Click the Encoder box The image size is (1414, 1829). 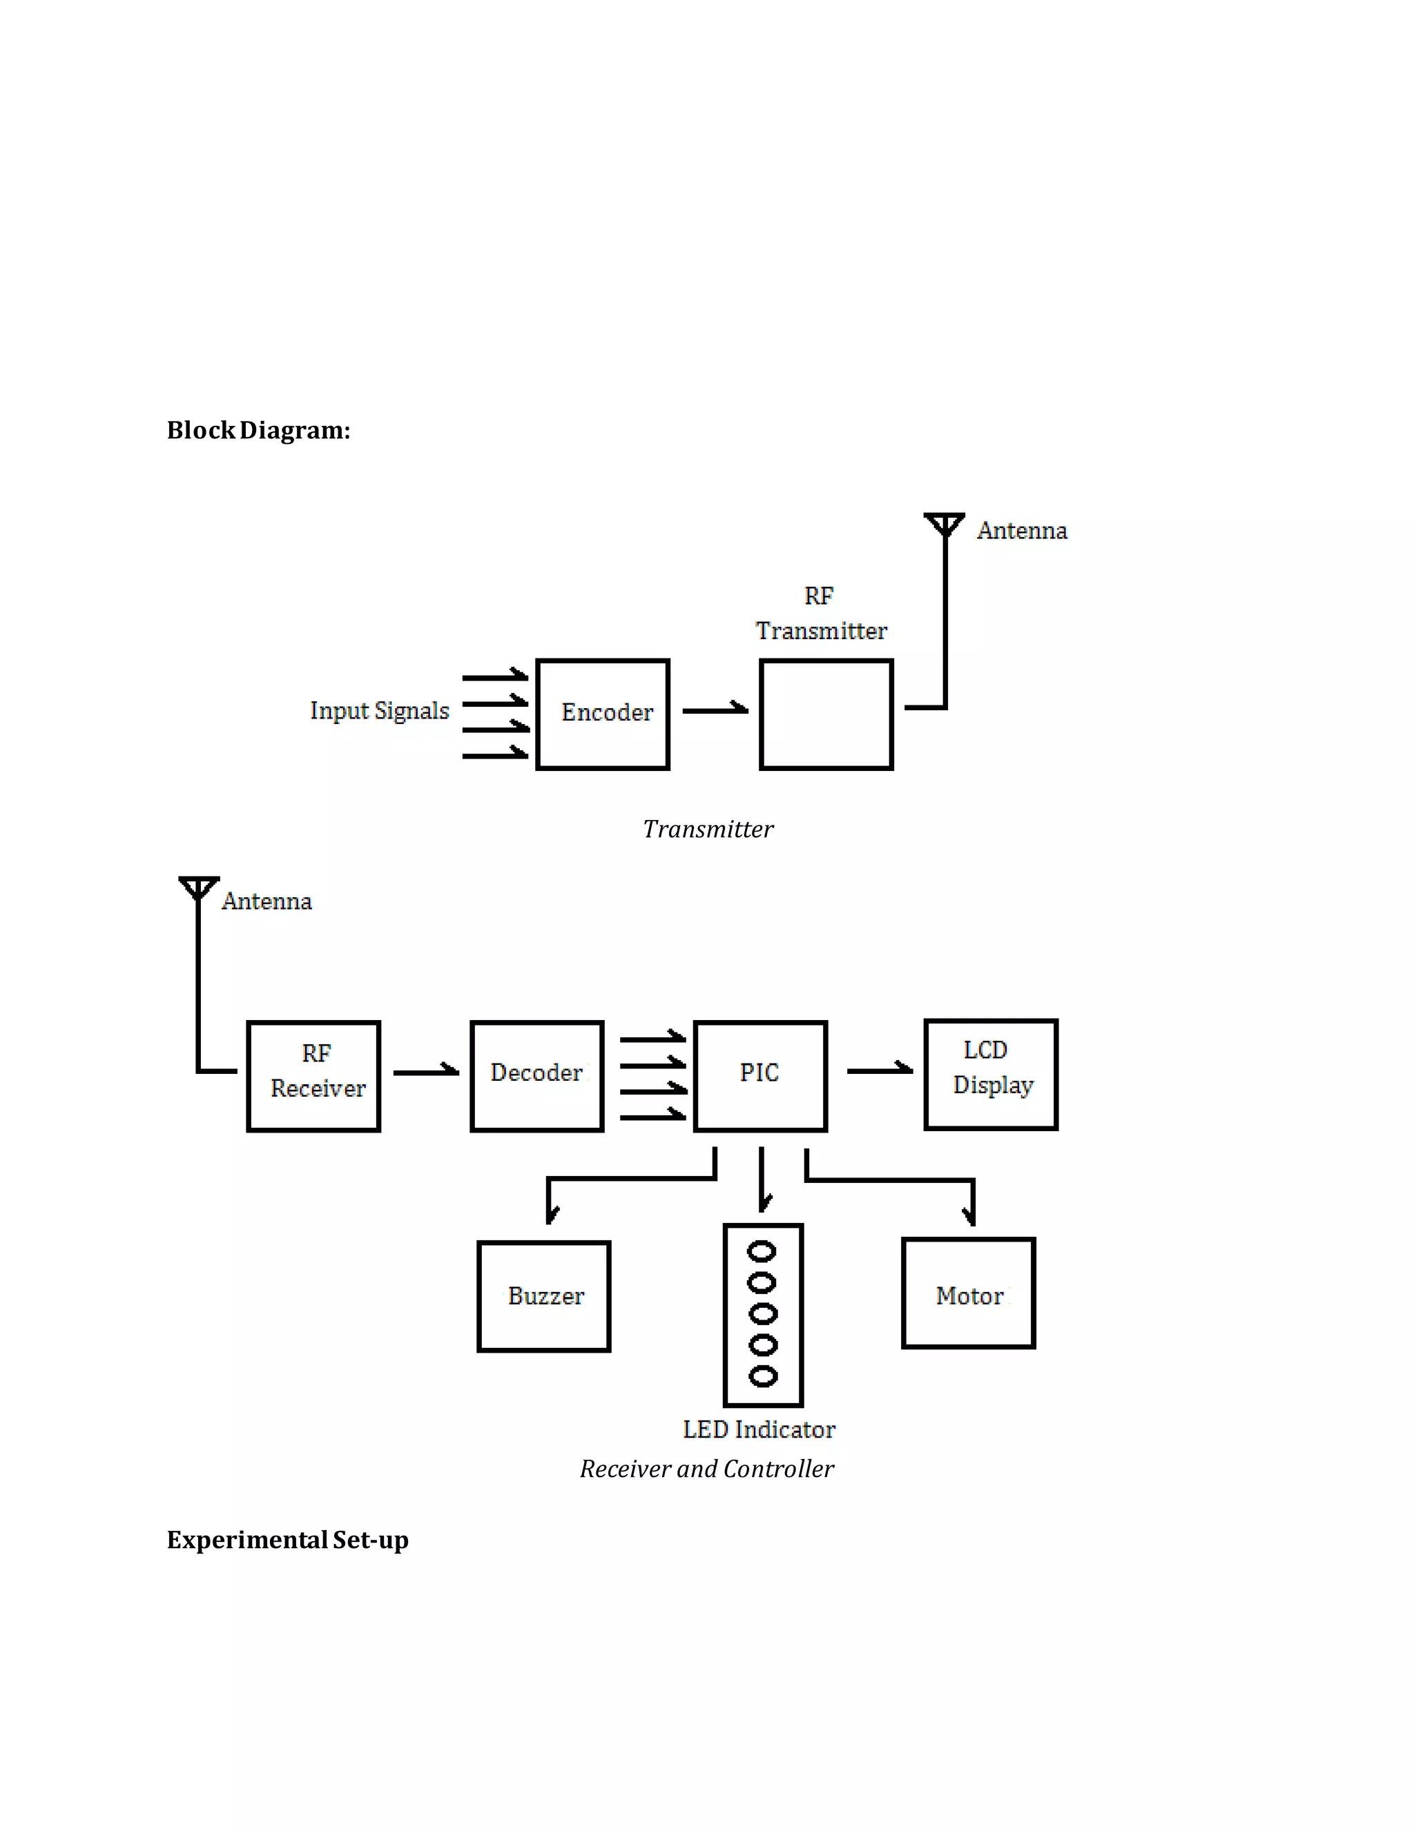(602, 714)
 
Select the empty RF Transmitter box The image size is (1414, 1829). (826, 714)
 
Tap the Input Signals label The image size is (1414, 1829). (380, 710)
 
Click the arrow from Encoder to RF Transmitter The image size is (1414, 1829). (715, 710)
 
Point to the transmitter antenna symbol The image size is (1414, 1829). (944, 525)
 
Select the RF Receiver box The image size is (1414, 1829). (314, 1075)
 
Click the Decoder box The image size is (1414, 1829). (537, 1075)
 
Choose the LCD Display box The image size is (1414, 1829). (991, 1074)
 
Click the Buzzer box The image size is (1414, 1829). (543, 1295)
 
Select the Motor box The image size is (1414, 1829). (969, 1292)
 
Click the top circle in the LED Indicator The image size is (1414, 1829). (762, 1252)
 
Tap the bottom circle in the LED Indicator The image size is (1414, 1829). (762, 1376)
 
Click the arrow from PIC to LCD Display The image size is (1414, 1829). (879, 1069)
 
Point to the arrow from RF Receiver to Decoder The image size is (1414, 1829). (425, 1071)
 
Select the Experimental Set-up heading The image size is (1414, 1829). (287, 1539)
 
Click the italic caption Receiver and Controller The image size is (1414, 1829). (706, 1468)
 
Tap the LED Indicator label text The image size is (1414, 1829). (759, 1429)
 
